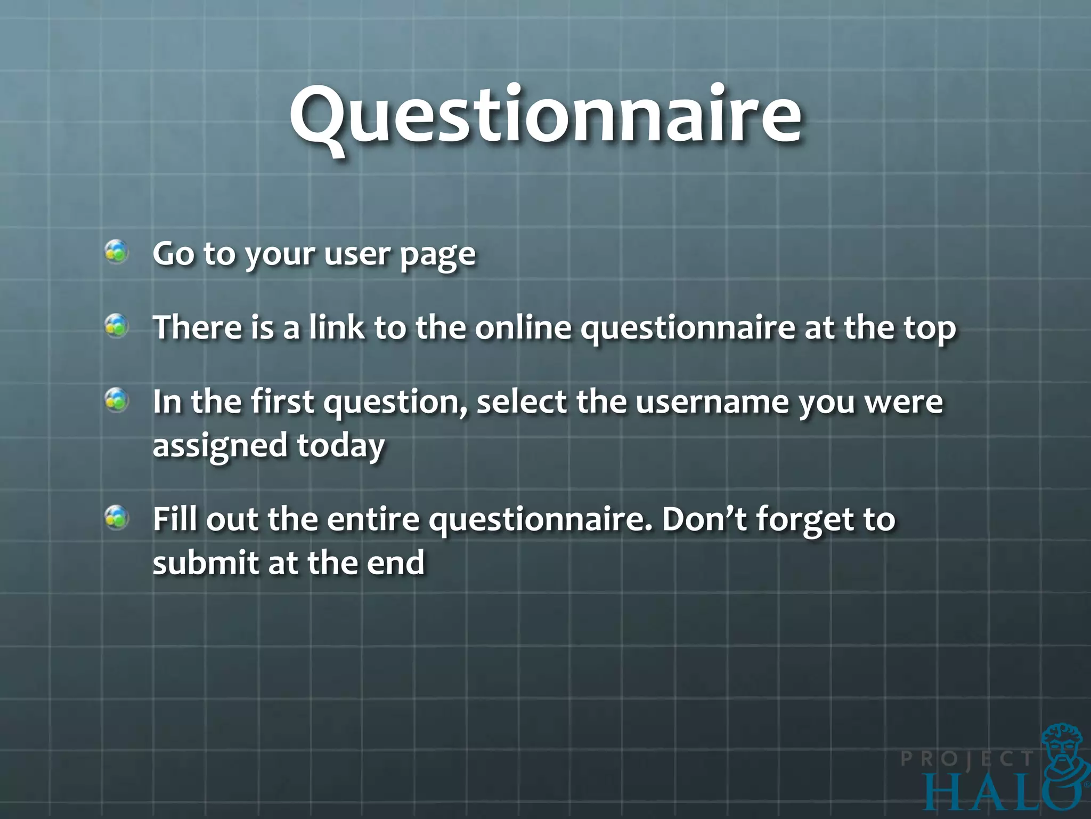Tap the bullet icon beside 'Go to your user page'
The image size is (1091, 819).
point(116,252)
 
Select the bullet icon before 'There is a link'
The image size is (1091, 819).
point(116,325)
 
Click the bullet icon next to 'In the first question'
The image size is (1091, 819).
point(116,400)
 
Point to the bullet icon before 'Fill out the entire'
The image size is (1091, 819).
point(116,517)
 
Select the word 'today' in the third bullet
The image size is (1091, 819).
point(340,446)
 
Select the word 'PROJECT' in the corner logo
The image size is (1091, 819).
point(967,759)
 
